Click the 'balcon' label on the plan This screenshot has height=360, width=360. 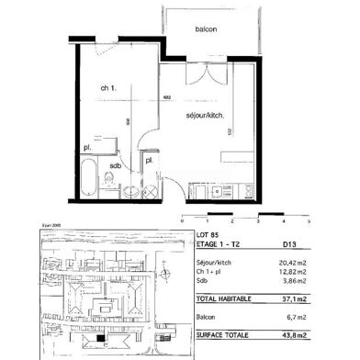207,29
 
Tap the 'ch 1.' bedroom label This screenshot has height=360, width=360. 107,86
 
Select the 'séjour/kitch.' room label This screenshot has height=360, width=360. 206,114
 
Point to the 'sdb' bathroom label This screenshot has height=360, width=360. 115,166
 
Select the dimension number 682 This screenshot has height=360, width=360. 167,96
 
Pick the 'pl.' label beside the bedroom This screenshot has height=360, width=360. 87,147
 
